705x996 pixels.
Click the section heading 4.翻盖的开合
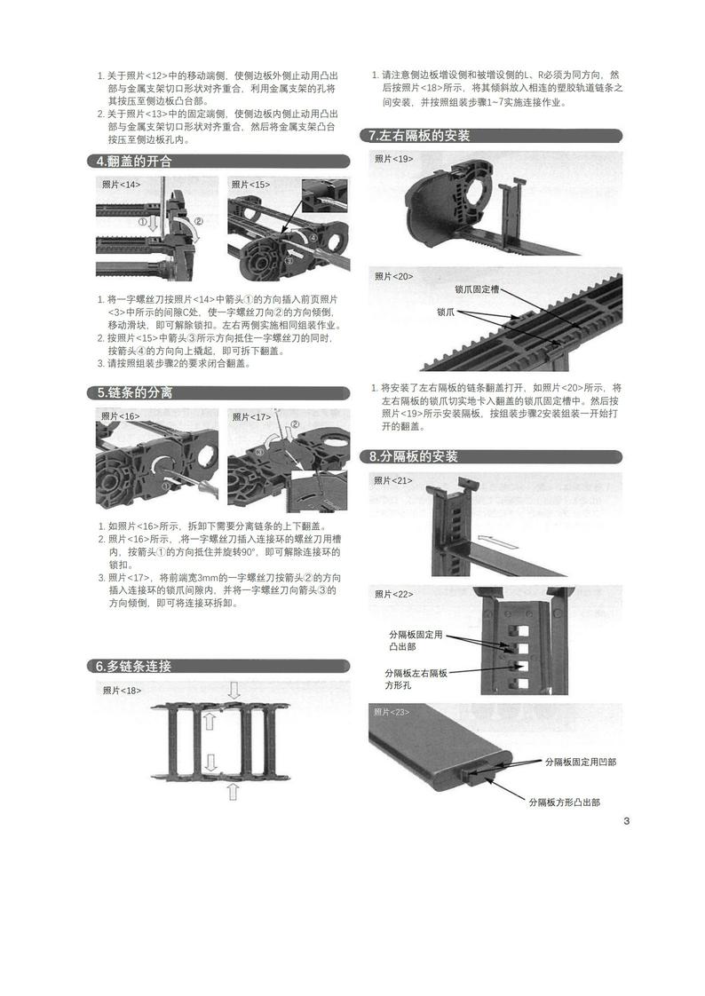coord(134,162)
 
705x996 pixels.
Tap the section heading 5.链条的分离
coord(135,393)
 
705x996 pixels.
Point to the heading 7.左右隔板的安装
coord(419,136)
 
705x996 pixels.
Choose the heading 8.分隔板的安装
coord(413,456)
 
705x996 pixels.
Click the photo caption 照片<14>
coord(122,185)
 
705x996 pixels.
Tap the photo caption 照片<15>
coord(251,185)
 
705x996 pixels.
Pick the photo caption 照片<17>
coord(251,416)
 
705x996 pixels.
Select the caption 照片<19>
coord(393,159)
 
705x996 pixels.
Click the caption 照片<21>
coord(393,481)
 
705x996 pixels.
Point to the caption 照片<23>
coord(392,712)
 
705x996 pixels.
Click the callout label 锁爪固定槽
coord(477,289)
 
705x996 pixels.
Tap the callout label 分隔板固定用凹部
coord(581,762)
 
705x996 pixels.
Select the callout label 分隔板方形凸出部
coord(565,802)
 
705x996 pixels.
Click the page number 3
coord(626,821)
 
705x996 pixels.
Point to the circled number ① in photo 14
coord(143,222)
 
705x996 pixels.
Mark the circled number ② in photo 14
coord(198,221)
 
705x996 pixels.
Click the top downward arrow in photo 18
coord(234,691)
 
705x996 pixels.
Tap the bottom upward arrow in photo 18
coord(233,792)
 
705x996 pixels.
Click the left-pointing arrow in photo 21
coord(497,541)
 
